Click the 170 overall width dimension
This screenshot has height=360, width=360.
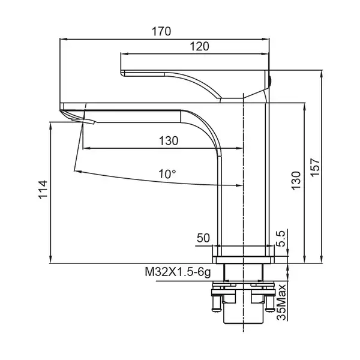point(161,31)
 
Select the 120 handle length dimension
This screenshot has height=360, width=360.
point(199,46)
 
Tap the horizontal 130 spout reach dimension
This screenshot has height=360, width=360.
point(169,141)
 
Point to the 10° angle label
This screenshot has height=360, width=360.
point(167,174)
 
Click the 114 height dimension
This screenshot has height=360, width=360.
point(43,190)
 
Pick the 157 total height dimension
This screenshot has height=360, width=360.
point(315,167)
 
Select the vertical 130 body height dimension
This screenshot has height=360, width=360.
point(296,181)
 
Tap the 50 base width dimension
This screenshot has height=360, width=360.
point(203,238)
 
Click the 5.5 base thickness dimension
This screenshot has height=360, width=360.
point(281,238)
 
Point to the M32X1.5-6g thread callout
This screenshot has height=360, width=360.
point(178,272)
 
